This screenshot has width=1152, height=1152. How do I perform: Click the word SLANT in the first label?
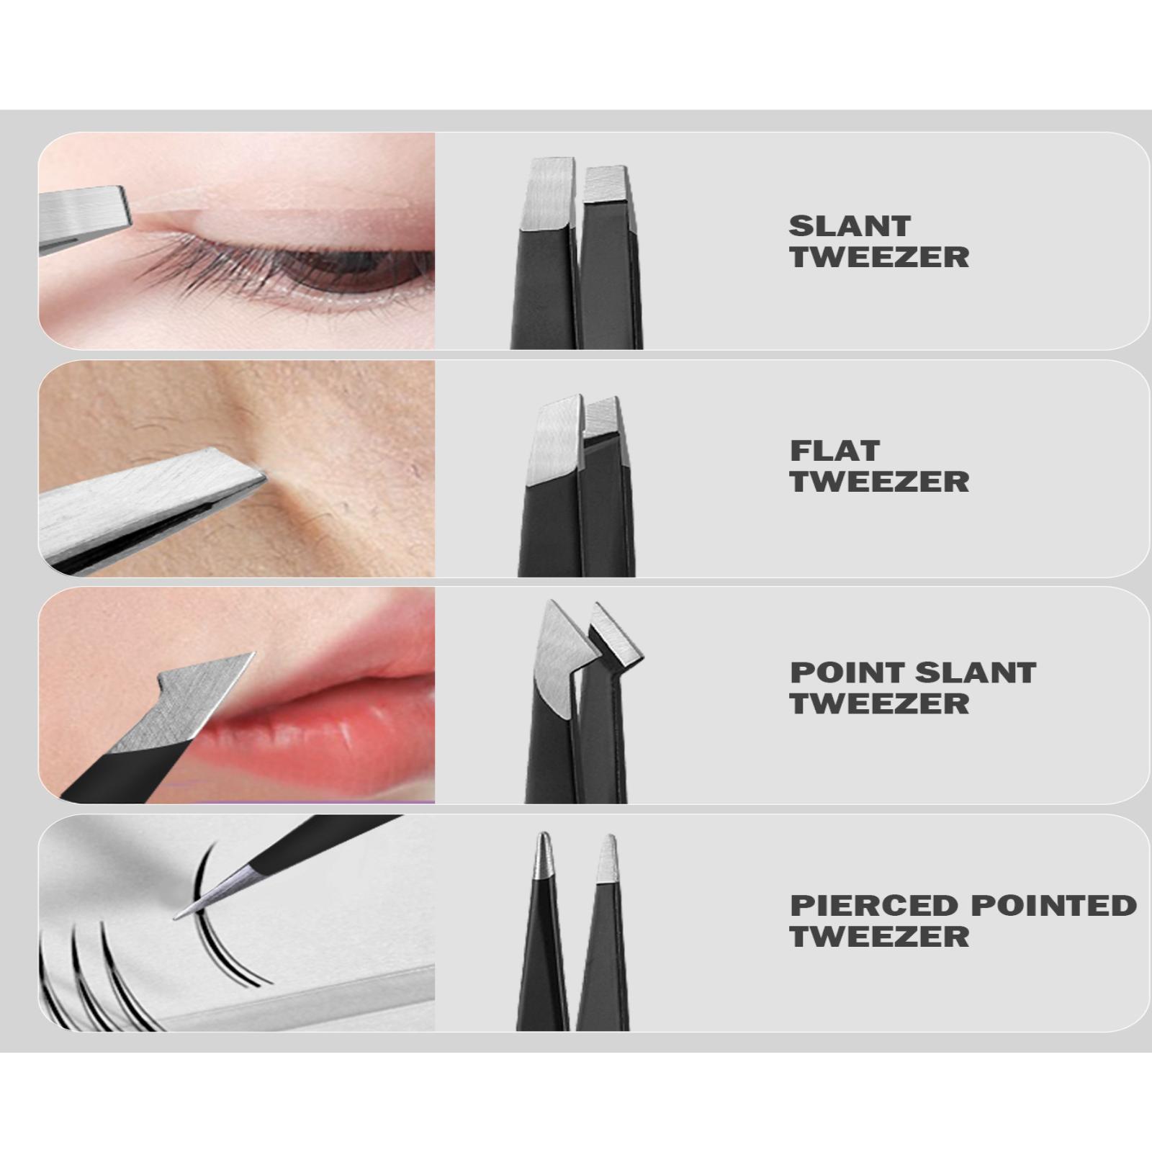point(850,226)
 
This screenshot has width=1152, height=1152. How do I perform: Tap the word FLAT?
point(835,451)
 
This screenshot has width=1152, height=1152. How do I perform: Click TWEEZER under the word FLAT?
point(879,482)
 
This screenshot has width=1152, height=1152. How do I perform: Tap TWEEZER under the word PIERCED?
point(879,937)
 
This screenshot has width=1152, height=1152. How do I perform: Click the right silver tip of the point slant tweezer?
point(616,637)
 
